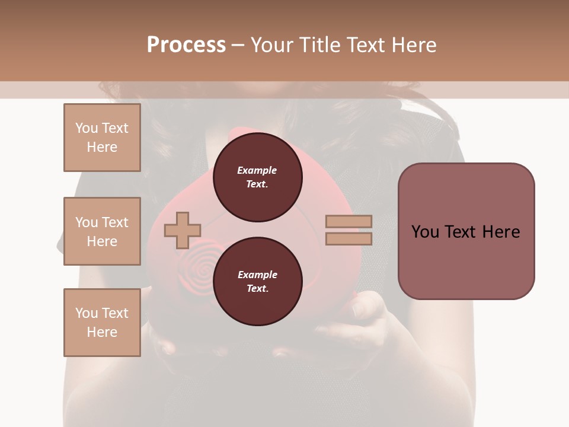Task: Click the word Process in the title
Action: [x=186, y=45]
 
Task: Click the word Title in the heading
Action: [x=320, y=45]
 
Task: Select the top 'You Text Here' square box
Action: [x=102, y=138]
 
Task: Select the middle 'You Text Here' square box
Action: [x=102, y=231]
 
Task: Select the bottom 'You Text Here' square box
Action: [x=102, y=322]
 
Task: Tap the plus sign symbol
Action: [x=183, y=230]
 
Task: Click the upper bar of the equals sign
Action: [x=349, y=221]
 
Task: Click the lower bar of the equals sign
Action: [x=349, y=238]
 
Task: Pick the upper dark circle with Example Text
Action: [x=257, y=177]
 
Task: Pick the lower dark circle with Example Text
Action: [x=257, y=282]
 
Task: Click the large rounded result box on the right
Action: [x=466, y=231]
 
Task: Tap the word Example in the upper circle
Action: [x=257, y=170]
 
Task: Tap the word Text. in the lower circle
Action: [x=257, y=289]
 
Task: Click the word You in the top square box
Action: [x=87, y=128]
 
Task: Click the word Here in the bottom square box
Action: [x=102, y=332]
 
